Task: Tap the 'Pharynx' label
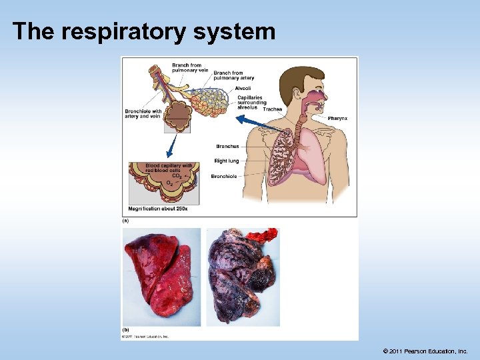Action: (337, 118)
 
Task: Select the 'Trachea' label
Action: (273, 109)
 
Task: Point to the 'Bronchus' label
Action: (227, 146)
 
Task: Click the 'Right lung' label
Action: (226, 161)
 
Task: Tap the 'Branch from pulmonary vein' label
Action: (187, 67)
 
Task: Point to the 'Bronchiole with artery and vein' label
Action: (143, 113)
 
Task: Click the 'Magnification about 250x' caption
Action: (158, 209)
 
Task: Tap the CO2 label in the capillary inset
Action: (176, 175)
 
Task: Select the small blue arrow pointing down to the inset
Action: (171, 145)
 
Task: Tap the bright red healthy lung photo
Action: (160, 273)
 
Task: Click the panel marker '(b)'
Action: (125, 330)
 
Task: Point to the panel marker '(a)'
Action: (125, 220)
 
